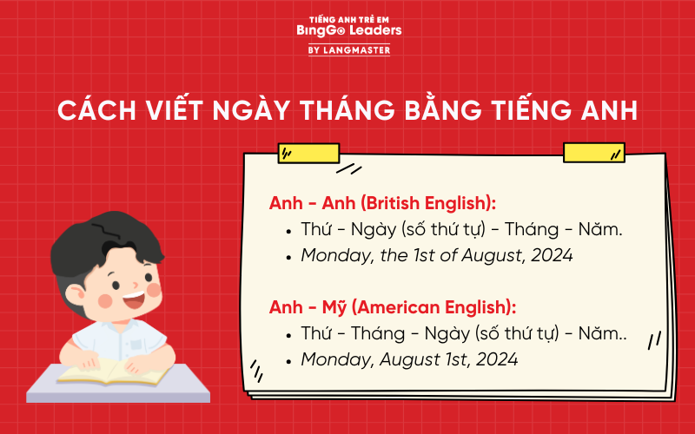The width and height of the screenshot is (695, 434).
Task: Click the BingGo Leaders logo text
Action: click(348, 31)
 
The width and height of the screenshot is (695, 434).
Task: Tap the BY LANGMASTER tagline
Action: click(348, 50)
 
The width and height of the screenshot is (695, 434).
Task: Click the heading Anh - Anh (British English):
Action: click(383, 203)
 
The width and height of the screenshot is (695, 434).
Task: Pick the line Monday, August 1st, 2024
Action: click(409, 358)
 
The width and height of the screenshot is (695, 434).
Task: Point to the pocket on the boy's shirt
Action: click(136, 345)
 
